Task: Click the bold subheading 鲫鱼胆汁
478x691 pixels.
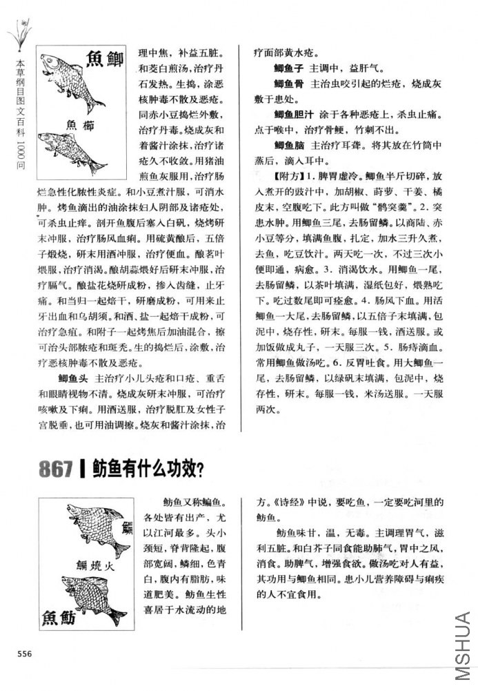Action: tap(294, 115)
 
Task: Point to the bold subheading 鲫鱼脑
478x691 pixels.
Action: tap(288, 146)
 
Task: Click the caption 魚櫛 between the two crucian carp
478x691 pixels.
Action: tap(81, 124)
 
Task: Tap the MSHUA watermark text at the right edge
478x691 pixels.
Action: tap(462, 645)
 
